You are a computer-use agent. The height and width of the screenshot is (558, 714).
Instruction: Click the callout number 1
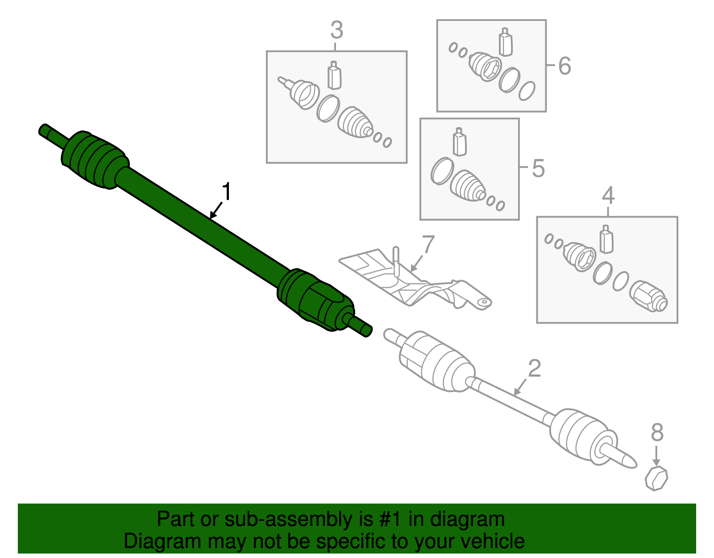pos(227,192)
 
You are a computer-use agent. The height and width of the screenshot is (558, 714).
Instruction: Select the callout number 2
pos(534,369)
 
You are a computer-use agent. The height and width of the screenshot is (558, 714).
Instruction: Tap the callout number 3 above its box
pos(336,30)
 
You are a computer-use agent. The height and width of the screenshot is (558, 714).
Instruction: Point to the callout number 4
pos(608,196)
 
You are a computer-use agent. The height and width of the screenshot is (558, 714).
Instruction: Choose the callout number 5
pos(538,169)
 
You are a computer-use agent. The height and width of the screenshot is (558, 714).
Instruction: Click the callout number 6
pos(565,66)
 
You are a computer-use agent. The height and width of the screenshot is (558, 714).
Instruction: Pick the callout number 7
pos(428,245)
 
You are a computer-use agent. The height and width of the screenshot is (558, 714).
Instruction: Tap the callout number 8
pos(657,432)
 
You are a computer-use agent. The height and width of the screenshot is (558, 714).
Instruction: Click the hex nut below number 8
pos(656,478)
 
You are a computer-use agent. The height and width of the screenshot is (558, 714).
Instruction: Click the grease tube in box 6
pos(505,42)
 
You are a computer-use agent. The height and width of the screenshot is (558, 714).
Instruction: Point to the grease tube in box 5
pos(460,142)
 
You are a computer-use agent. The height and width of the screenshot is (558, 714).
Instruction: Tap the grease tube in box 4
pos(606,239)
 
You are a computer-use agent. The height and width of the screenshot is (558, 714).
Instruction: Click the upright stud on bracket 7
pos(396,261)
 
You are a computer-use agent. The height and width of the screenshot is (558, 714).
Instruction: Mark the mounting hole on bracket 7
pos(482,302)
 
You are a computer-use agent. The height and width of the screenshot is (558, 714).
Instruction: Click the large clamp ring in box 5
pos(442,171)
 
